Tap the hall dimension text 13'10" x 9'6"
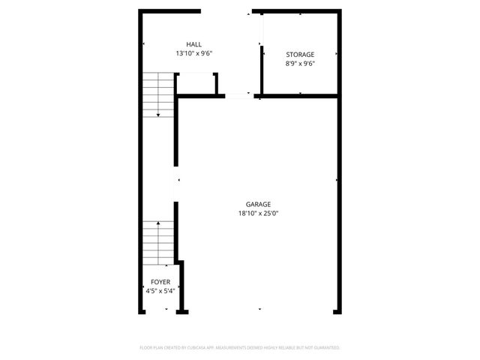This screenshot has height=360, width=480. click(x=195, y=54)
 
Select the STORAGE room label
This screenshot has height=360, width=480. click(x=300, y=55)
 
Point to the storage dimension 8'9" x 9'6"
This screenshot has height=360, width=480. click(x=300, y=64)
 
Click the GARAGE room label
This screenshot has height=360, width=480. click(x=259, y=204)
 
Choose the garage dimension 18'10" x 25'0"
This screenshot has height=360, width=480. click(x=259, y=214)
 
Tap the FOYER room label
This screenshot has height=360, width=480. click(x=160, y=282)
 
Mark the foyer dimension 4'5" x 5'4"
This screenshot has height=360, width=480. click(x=160, y=291)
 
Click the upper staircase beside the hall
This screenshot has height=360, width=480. click(x=158, y=93)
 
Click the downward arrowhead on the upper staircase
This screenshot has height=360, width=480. click(x=158, y=114)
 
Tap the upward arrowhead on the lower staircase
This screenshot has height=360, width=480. click(x=158, y=223)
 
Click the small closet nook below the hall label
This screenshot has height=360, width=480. click(x=196, y=84)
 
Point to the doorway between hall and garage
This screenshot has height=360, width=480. click(x=238, y=95)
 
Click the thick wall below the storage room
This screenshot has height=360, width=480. click(x=300, y=96)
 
